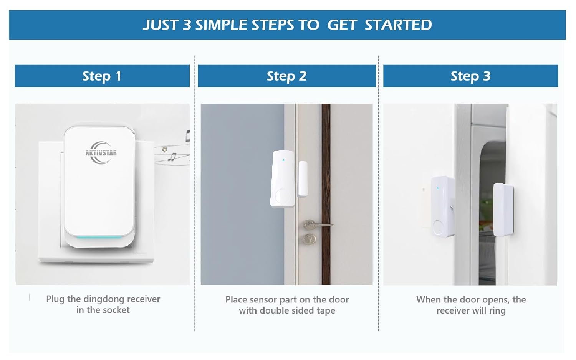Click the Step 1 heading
click(102, 76)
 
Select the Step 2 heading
click(286, 76)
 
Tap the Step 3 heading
click(470, 76)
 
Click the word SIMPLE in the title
click(221, 25)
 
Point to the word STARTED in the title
click(398, 25)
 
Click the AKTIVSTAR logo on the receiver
click(101, 153)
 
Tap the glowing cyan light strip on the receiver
click(99, 237)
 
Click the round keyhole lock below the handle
click(310, 239)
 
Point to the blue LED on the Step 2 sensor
click(283, 160)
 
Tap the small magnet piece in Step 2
click(303, 179)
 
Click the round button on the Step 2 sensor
click(282, 197)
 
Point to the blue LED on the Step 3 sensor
click(438, 188)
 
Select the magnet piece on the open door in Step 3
click(503, 210)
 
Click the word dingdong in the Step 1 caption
click(104, 299)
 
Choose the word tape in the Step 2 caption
click(326, 310)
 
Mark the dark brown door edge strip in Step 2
click(326, 194)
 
